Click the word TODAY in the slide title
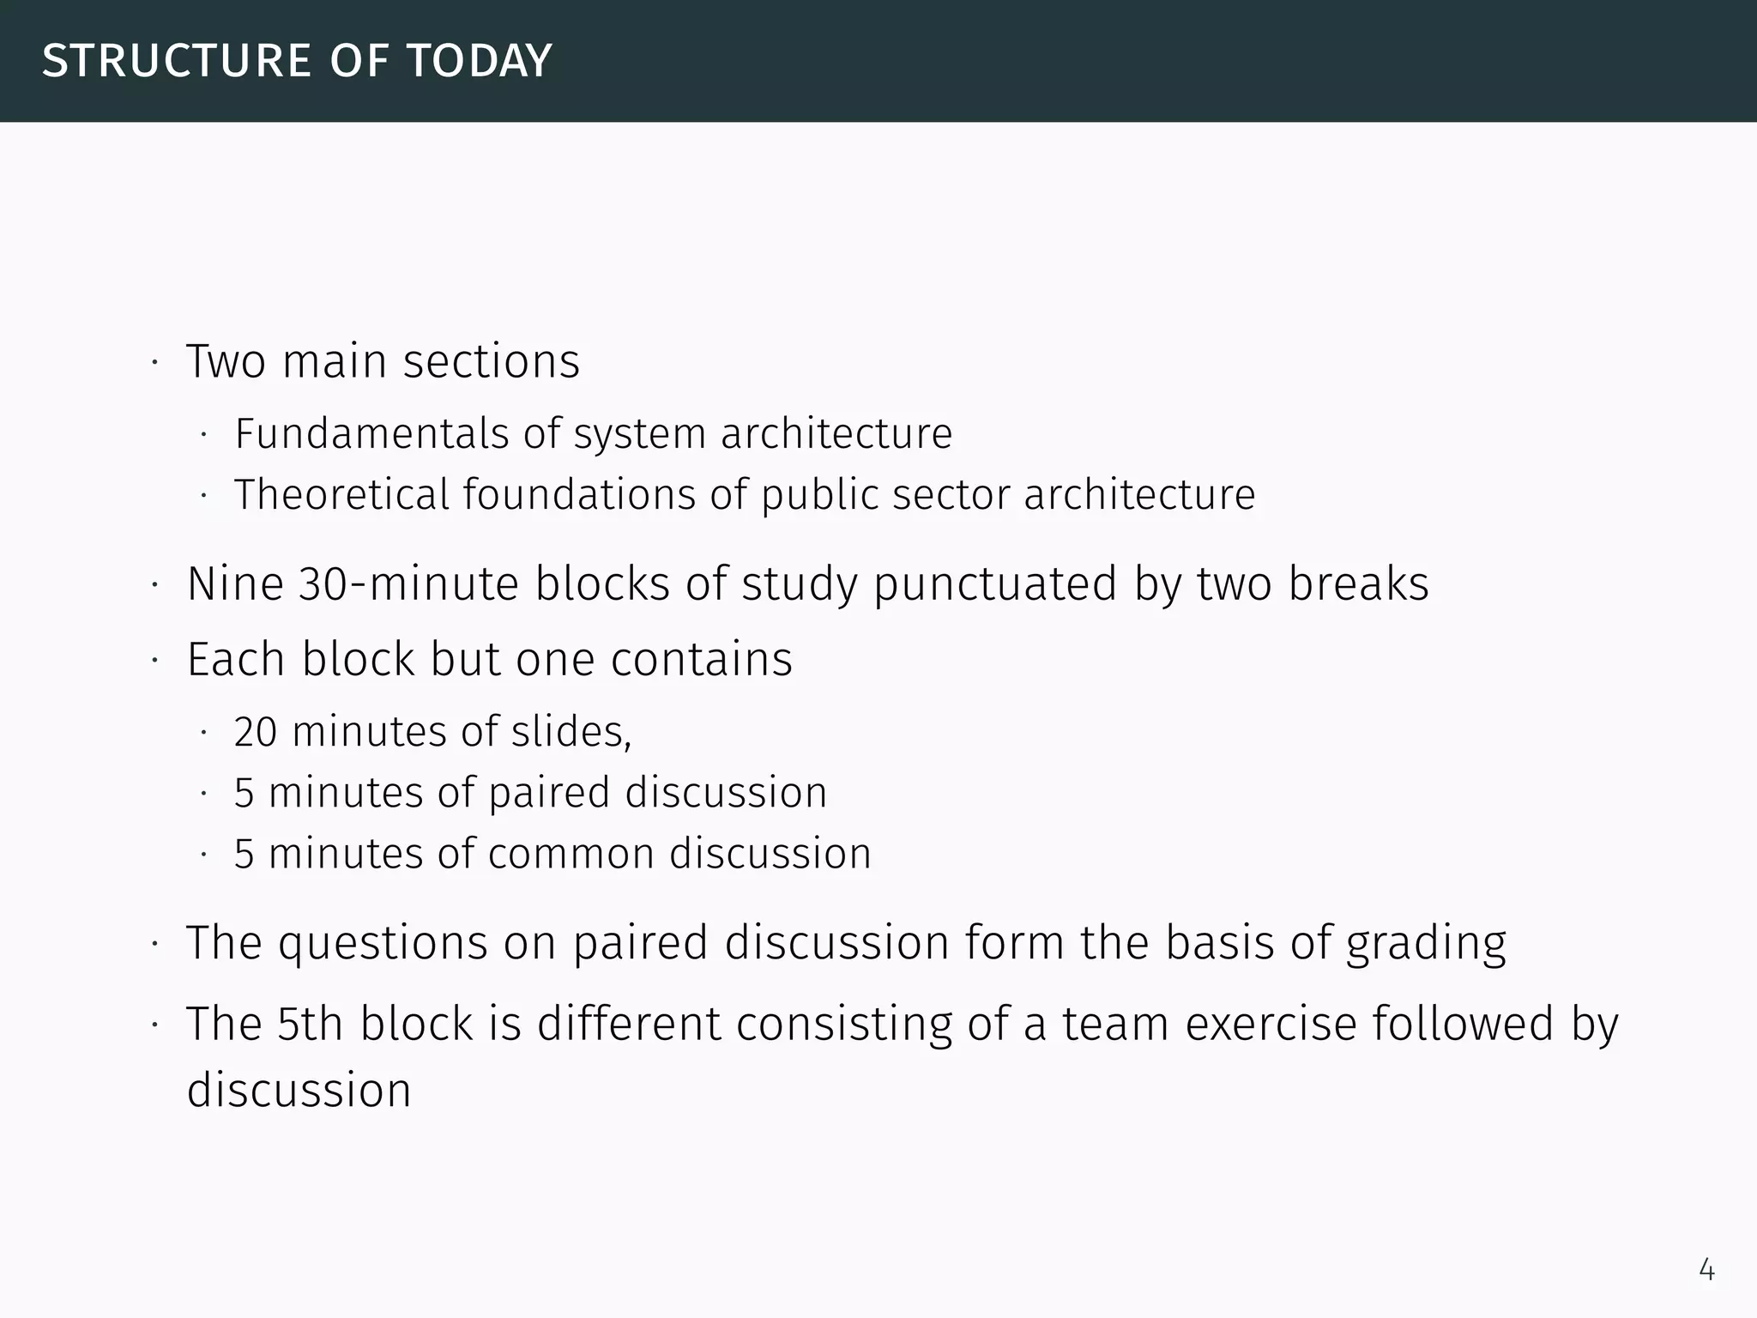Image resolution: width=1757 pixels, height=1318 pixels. point(480,61)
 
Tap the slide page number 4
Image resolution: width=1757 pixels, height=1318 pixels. point(1706,1269)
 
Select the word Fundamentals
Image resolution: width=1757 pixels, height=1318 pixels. point(371,433)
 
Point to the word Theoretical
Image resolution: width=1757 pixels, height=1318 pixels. point(341,495)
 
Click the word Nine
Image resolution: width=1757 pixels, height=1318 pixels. point(235,584)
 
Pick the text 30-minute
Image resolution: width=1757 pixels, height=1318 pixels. point(409,584)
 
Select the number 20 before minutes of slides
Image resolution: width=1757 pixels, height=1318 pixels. point(255,733)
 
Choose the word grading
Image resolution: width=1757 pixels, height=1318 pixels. point(1425,944)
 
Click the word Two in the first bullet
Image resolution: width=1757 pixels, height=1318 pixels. point(226,361)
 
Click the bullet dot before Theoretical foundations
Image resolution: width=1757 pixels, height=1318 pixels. point(203,496)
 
